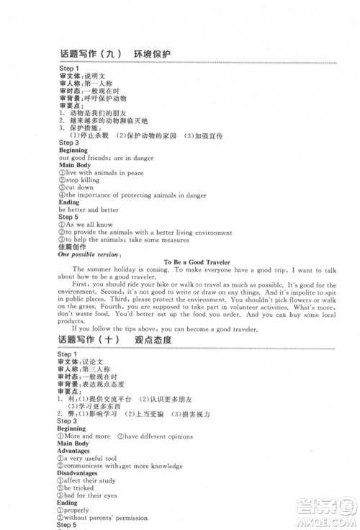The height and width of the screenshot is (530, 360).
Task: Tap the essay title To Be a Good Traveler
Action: pos(197,263)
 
